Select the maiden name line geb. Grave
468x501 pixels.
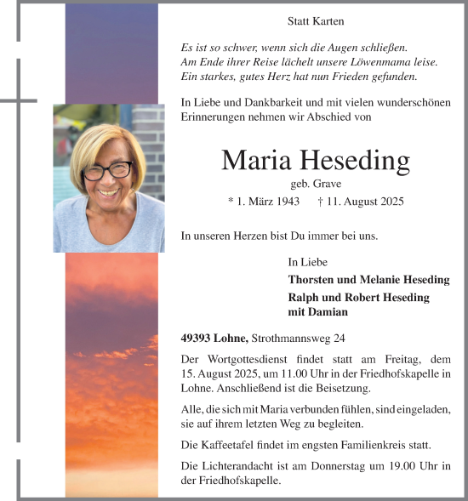coord(315,183)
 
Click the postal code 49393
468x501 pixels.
coord(197,337)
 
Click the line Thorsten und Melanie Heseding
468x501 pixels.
coord(369,280)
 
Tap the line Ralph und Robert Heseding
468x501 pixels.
coord(359,298)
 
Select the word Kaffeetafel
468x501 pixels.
coord(231,444)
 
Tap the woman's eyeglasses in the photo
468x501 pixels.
coord(108,169)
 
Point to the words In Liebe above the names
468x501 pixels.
coord(308,262)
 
